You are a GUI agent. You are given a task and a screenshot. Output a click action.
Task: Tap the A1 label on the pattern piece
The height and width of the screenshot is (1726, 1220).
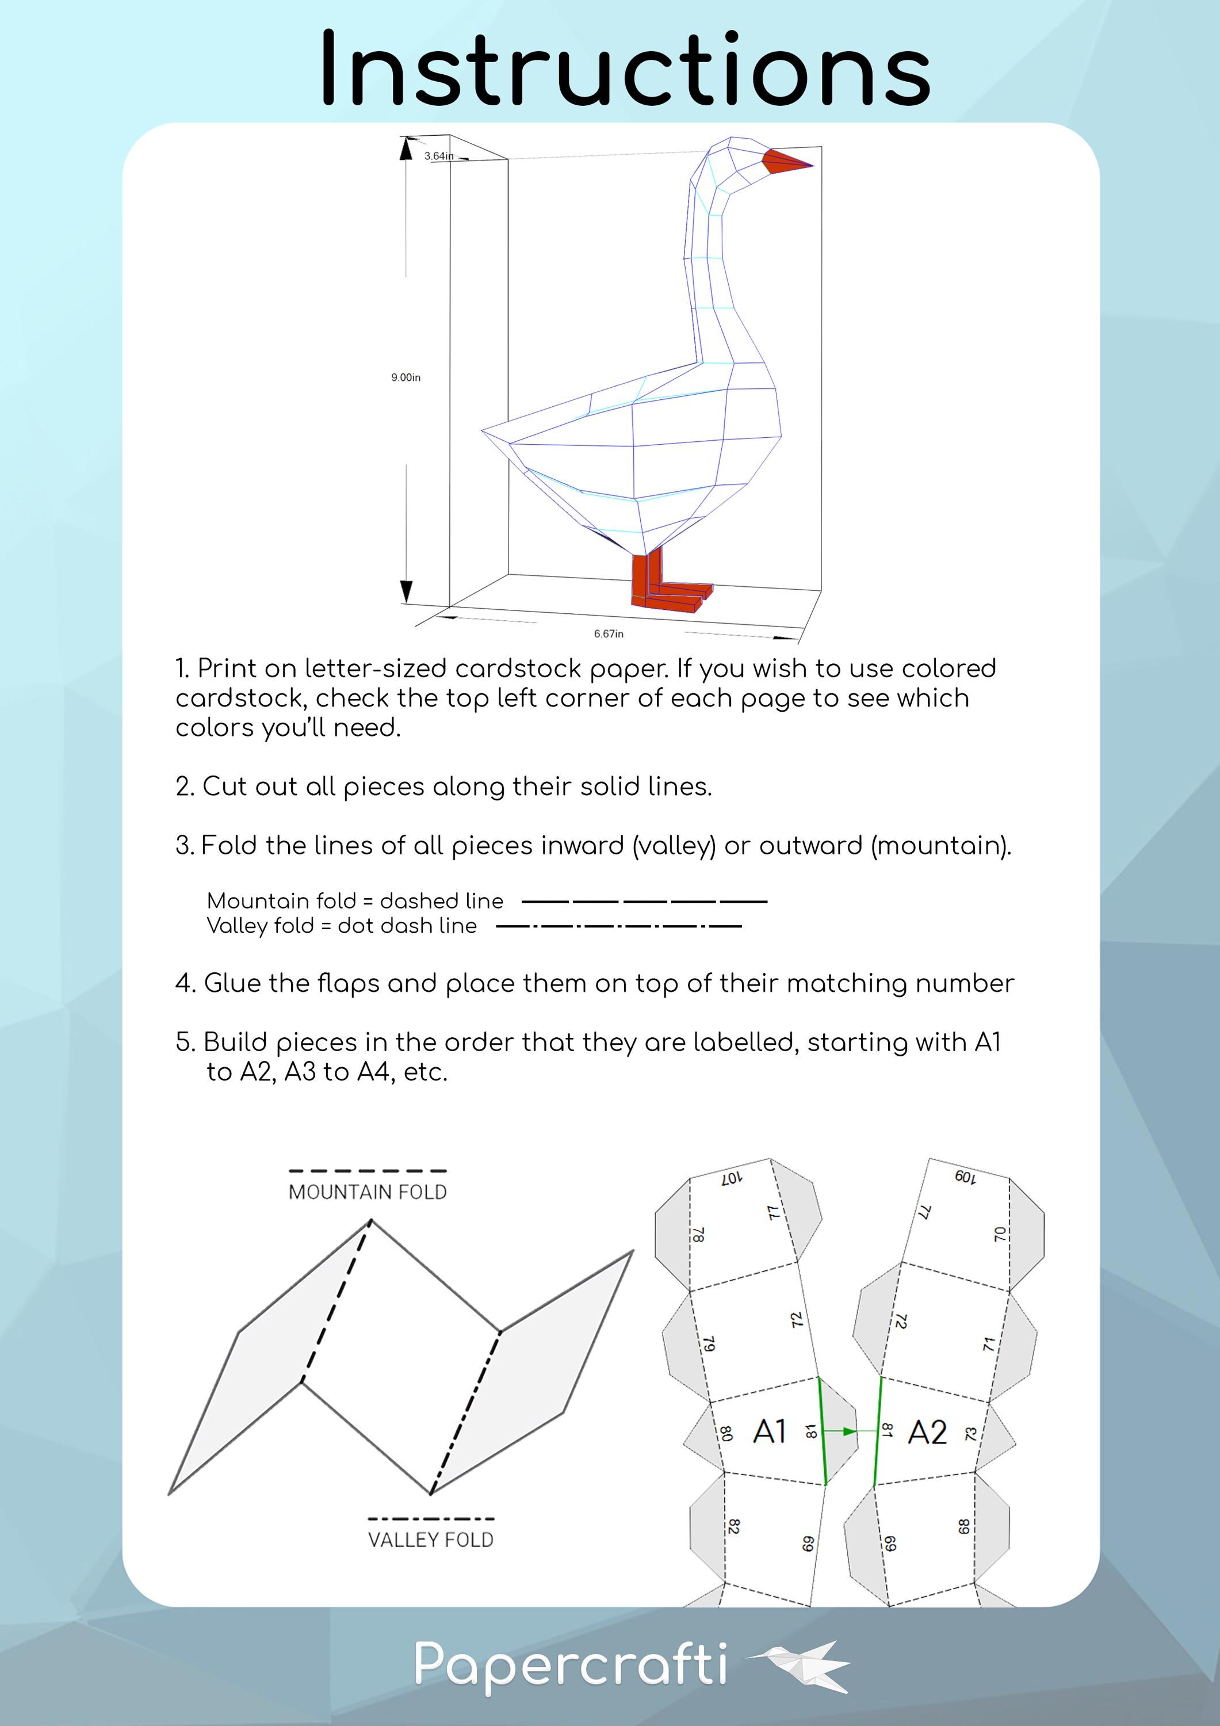(x=769, y=1432)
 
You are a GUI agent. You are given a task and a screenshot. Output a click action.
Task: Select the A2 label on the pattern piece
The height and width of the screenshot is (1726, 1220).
(x=927, y=1433)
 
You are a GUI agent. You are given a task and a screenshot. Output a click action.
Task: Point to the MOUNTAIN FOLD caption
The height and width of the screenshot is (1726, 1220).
(x=368, y=1192)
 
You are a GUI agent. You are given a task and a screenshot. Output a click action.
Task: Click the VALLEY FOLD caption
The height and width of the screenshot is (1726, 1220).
(x=431, y=1540)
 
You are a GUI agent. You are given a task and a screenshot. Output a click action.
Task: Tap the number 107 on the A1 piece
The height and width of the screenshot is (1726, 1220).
(x=732, y=1179)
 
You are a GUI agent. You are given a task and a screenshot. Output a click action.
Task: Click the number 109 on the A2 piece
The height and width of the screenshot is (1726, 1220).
(x=965, y=1177)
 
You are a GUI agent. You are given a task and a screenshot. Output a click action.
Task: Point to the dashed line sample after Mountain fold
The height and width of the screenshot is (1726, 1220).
(x=644, y=900)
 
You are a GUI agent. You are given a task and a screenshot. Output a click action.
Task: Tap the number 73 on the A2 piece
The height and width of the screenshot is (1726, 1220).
(x=971, y=1434)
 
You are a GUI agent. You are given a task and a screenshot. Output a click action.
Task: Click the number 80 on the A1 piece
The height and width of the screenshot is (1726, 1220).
(x=726, y=1434)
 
